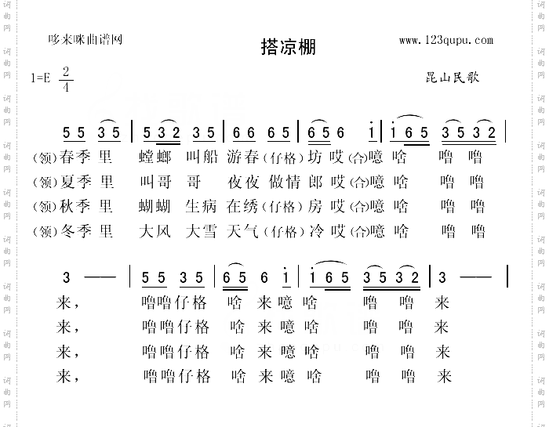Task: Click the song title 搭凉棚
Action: coord(288,47)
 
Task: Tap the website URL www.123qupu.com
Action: coord(445,40)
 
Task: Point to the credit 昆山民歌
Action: coord(452,78)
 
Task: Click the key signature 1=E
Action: coord(41,78)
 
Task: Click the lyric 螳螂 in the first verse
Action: coord(153,157)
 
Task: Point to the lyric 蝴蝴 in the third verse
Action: coord(153,208)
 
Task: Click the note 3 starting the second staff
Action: coord(67,277)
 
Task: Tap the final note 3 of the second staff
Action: coord(444,277)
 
